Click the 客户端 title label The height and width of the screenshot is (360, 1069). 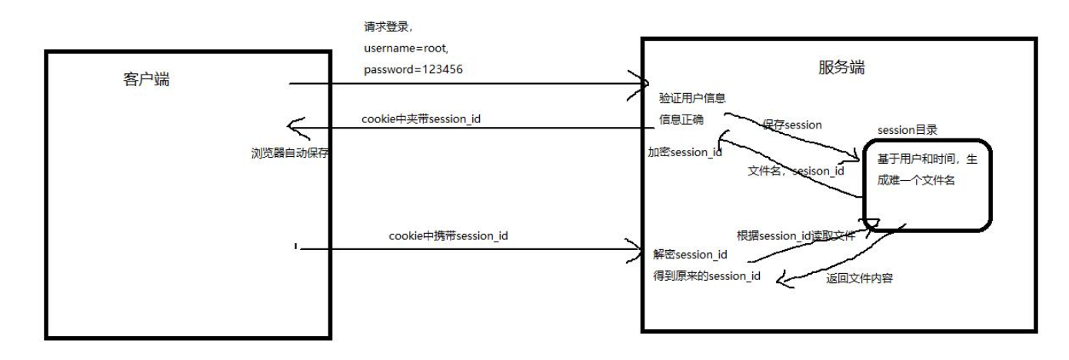click(146, 78)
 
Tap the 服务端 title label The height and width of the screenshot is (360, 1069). click(841, 67)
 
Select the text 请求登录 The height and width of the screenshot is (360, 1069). click(386, 27)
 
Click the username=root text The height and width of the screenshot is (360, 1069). click(405, 48)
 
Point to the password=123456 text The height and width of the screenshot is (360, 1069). click(413, 70)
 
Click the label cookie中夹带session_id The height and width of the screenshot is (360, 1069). click(421, 119)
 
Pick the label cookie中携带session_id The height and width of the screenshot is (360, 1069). click(448, 236)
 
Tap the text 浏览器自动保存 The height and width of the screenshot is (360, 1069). click(290, 153)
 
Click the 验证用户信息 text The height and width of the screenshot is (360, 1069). click(692, 98)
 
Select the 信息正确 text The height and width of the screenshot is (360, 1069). click(681, 119)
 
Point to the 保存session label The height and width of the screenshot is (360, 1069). click(792, 125)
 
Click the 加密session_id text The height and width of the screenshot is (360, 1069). click(684, 152)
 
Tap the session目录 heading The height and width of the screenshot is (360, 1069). click(907, 130)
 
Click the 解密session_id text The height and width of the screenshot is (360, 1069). click(690, 255)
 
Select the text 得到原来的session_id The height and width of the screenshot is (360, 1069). click(707, 276)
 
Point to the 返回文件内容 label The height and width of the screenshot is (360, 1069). click(860, 278)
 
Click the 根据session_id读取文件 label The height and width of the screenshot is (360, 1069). click(796, 236)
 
